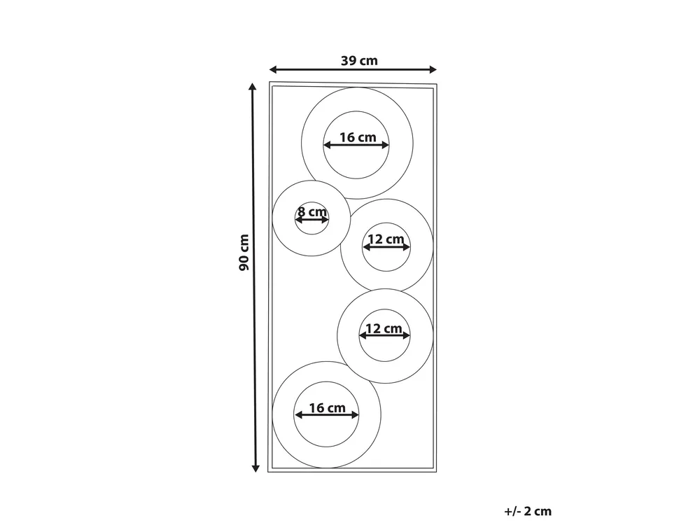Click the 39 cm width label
point(359,61)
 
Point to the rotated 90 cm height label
point(244,252)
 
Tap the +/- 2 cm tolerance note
point(528,511)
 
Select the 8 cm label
point(312,211)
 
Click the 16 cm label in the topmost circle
point(358,137)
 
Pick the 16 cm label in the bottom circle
point(327,407)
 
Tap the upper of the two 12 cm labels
point(386,239)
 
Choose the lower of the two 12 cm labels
point(384,328)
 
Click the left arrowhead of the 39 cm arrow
point(273,69)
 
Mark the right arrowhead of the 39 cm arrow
point(433,69)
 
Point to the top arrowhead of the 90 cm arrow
point(253,87)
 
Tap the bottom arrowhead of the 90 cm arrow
point(255,468)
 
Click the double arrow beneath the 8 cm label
point(312,220)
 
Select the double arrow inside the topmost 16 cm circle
point(356,145)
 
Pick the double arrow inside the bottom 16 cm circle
point(327,415)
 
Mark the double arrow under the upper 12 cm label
point(386,246)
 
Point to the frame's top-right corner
point(437,84)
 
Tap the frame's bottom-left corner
point(268,472)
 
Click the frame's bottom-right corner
point(437,472)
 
